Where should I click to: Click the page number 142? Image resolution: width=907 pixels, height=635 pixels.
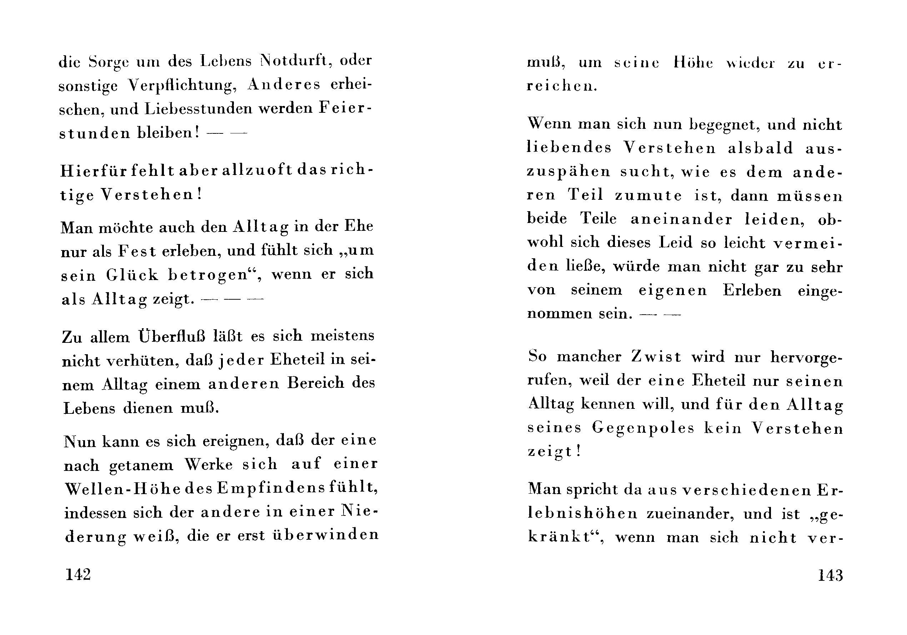tap(78, 575)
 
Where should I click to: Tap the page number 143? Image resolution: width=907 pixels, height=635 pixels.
tap(830, 575)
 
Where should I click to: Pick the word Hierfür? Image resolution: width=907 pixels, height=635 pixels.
tap(94, 171)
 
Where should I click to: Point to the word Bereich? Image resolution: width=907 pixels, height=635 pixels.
tap(316, 383)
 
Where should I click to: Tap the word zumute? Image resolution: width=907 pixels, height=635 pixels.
tap(648, 195)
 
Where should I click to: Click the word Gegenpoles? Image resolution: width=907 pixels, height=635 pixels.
tap(643, 428)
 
